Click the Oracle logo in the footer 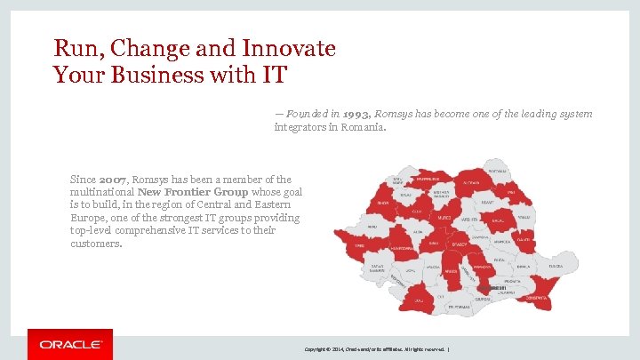click(70, 344)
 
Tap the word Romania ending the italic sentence click(365, 127)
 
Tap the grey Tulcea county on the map click(555, 266)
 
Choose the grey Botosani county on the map click(498, 172)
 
